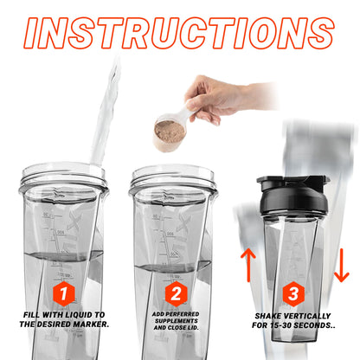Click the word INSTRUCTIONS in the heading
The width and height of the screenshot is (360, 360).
179,34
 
